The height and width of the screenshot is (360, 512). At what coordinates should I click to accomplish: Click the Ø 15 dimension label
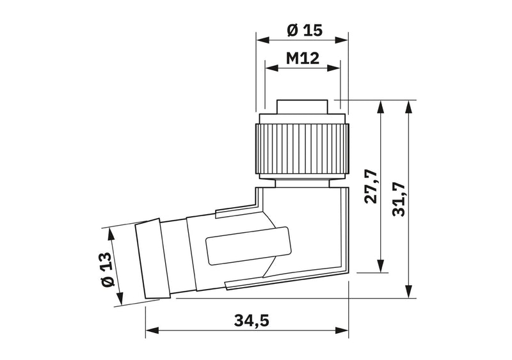(x=305, y=30)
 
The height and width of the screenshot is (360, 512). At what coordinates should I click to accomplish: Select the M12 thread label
(x=302, y=58)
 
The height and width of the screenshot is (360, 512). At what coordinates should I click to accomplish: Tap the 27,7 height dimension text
(x=371, y=187)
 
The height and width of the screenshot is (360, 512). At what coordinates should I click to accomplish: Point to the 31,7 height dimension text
(x=399, y=200)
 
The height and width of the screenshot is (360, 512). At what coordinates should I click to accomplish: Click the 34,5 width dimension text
(x=252, y=320)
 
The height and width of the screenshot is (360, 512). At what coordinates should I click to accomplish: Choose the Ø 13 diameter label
(x=108, y=270)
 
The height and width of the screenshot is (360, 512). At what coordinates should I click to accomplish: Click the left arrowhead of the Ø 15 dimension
(x=264, y=40)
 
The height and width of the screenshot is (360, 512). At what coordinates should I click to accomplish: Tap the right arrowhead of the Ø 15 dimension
(x=341, y=40)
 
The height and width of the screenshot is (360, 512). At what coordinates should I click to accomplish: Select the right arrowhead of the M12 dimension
(x=333, y=68)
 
